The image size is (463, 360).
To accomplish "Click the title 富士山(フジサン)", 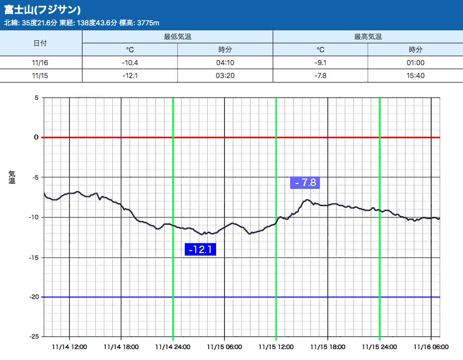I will point(43,10).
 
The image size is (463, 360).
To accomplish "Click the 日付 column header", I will point(40,43).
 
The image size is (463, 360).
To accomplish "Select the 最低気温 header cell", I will point(177,37).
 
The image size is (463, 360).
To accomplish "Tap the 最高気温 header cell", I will point(368,37).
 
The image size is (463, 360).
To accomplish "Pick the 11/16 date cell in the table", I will point(40,63).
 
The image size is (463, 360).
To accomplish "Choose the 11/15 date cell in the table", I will point(40,76).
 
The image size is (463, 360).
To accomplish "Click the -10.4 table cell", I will point(130,63).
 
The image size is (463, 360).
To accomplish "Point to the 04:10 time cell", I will point(225,63).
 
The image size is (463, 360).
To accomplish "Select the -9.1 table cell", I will point(320,63).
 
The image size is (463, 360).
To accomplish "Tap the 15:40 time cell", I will point(416,76).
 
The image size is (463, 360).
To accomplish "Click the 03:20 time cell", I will point(225,76).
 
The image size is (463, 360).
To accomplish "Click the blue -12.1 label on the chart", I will point(200,249).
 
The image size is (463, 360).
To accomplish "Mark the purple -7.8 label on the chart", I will point(305,182).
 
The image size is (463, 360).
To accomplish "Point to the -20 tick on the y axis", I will point(33,297).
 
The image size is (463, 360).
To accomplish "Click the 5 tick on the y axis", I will point(36,97).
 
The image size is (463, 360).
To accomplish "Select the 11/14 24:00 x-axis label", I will point(172,347).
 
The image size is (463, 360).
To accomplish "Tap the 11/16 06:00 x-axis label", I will point(432,347).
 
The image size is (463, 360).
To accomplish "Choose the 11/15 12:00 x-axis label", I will point(276,347).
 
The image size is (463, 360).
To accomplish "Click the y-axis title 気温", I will point(12,177).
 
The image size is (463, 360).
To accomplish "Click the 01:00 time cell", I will point(416,63).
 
